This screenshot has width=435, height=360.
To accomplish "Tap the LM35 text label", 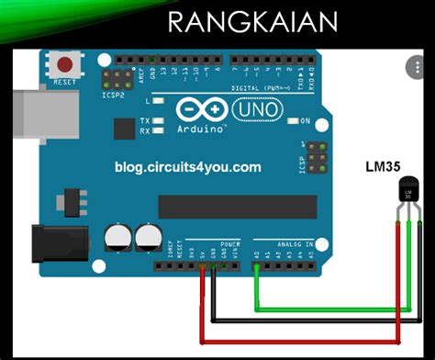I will [x=384, y=166].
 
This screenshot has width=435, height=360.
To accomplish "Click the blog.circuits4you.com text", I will [x=188, y=166].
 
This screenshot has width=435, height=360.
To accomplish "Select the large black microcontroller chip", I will [x=229, y=207].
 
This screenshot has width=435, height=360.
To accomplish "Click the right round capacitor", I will [x=147, y=239].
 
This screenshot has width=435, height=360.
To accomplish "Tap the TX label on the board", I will [x=145, y=121].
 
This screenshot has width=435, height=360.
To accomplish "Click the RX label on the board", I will [x=145, y=130].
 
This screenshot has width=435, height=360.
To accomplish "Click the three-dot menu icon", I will [x=415, y=66].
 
